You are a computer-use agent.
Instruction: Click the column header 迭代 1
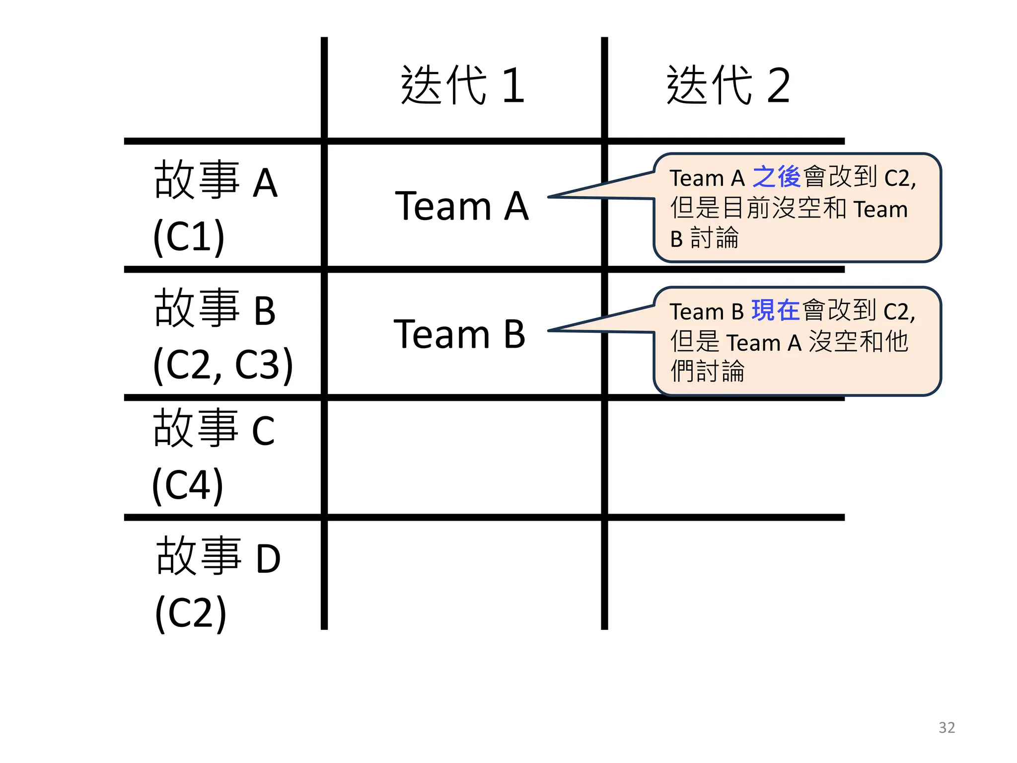coord(463,85)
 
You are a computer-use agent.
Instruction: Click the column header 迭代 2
coord(728,85)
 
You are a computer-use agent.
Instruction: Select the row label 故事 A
coord(216,181)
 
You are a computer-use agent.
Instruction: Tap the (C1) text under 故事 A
coord(189,236)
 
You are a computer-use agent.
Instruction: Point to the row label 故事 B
coord(215,309)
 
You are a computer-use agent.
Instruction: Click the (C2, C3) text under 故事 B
coord(223,365)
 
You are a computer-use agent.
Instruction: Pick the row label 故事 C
coord(214,429)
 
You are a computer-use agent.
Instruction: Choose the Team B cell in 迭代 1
coord(460,334)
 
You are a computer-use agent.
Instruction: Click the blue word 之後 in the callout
coord(777,177)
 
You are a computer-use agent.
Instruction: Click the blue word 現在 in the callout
coord(776,311)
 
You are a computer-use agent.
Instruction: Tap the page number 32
coord(946,728)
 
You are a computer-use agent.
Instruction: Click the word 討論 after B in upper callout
coord(715,238)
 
